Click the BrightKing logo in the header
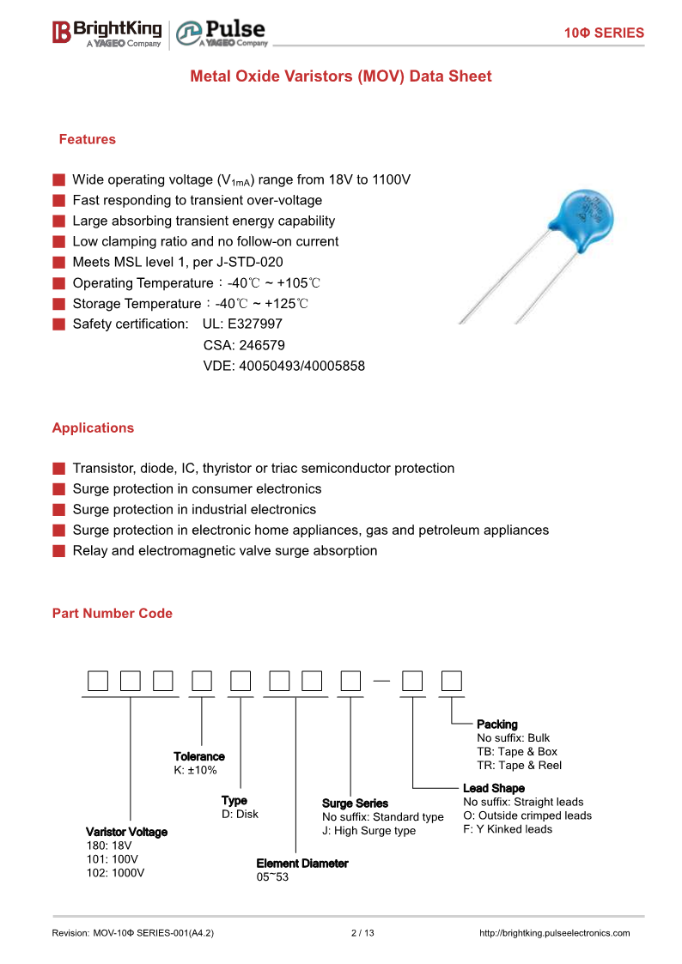coord(107,33)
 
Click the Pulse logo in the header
coord(222,33)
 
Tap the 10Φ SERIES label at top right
coord(604,33)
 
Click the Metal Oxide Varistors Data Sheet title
coord(340,76)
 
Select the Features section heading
coord(87,139)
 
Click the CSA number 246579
coord(244,345)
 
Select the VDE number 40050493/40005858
coord(283,366)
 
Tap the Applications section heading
coord(93,427)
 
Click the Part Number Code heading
coord(112,613)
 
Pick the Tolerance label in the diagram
coord(199,756)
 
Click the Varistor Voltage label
coord(126,832)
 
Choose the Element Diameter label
coord(302,864)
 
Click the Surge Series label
coord(355,803)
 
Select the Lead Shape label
coord(493,788)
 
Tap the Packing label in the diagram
coord(497,725)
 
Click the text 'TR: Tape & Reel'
coord(519,765)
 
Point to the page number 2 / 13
coord(363,933)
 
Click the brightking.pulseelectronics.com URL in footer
coord(554,933)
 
